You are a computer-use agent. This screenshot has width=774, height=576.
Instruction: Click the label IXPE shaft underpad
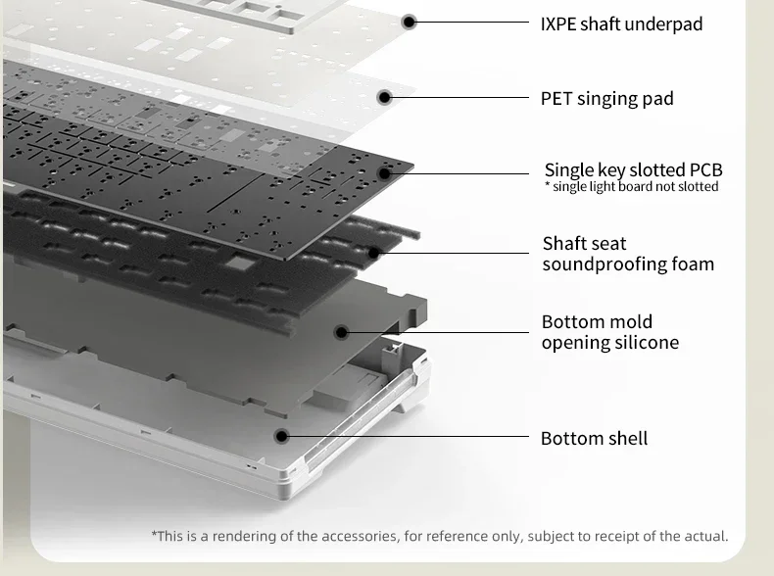pos(621,24)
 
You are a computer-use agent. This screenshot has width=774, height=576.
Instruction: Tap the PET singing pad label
pos(607,99)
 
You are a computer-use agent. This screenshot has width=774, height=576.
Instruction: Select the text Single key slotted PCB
pos(633,169)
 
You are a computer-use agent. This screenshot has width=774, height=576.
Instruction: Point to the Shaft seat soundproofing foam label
pos(628,254)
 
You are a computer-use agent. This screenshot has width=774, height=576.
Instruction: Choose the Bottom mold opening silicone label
pos(610,332)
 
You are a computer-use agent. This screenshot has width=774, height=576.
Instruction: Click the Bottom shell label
pos(594,438)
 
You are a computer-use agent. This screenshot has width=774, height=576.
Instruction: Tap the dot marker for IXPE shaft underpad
pos(409,22)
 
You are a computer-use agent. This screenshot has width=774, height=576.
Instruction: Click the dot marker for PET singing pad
pos(384,97)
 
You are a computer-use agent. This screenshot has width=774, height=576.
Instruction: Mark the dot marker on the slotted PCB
pos(384,173)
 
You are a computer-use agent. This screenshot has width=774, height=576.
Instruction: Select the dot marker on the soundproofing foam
pos(374,253)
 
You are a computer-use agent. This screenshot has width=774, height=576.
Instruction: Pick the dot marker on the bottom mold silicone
pos(341,332)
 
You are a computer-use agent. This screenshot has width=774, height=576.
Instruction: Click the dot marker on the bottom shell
pos(281,436)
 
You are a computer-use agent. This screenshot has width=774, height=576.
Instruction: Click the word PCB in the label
pos(705,169)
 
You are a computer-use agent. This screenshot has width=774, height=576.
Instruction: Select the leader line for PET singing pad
pos(460,97)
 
